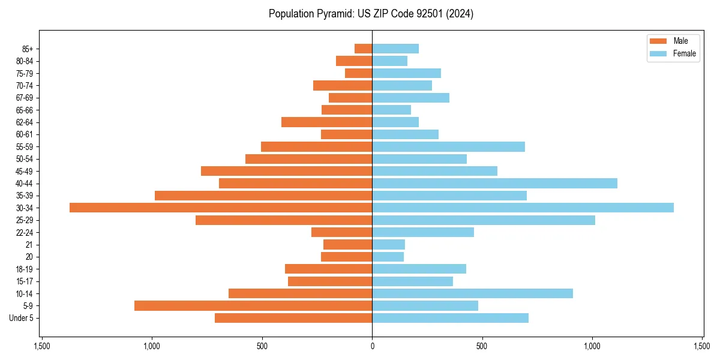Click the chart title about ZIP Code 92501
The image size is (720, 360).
(371, 14)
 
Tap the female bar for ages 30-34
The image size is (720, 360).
(523, 208)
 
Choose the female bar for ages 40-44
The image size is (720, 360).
(494, 183)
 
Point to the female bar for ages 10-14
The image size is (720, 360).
(472, 293)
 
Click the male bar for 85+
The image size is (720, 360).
(364, 49)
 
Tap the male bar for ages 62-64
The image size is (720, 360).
(327, 122)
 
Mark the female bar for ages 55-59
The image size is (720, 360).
(448, 146)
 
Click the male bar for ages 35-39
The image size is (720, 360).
(263, 196)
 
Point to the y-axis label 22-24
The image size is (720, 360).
(25, 232)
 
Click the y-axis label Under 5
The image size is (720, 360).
(22, 318)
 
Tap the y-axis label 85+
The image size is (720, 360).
(28, 49)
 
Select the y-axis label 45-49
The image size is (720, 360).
(25, 171)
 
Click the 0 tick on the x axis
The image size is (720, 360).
(372, 346)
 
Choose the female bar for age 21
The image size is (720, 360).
(388, 244)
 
